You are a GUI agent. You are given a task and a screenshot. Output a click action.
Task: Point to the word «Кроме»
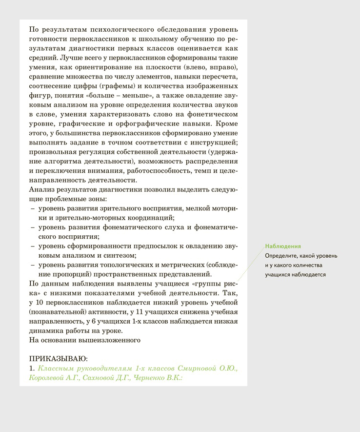click(x=226, y=123)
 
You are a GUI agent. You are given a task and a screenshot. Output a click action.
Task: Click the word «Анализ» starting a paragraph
click(x=41, y=190)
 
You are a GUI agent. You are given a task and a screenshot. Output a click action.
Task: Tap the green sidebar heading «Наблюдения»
click(x=283, y=246)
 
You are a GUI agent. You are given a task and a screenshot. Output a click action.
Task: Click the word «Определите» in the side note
click(x=281, y=256)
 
